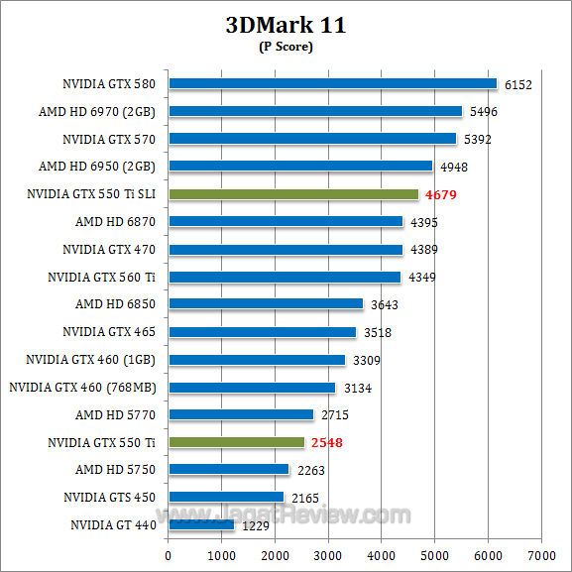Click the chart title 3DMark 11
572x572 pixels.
(286, 26)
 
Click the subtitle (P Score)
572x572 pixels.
(286, 48)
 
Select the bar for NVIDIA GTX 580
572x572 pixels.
(332, 84)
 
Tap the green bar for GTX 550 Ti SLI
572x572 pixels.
(293, 194)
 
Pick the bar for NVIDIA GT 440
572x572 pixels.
(201, 524)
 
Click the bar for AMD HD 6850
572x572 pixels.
(266, 304)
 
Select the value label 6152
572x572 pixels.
(516, 85)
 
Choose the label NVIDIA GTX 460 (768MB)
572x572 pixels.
(83, 387)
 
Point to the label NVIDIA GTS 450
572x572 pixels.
(110, 497)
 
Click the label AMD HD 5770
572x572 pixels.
(117, 414)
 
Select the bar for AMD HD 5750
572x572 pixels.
(229, 469)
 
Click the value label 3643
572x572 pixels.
(384, 304)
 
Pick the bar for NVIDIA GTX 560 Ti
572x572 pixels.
(285, 277)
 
